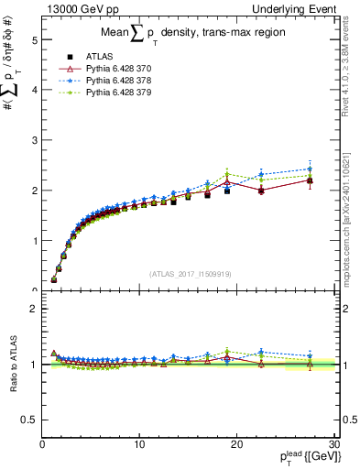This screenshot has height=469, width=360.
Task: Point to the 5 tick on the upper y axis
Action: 34,40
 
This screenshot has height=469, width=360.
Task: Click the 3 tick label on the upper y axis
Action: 34,141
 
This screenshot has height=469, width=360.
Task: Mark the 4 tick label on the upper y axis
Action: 34,91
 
